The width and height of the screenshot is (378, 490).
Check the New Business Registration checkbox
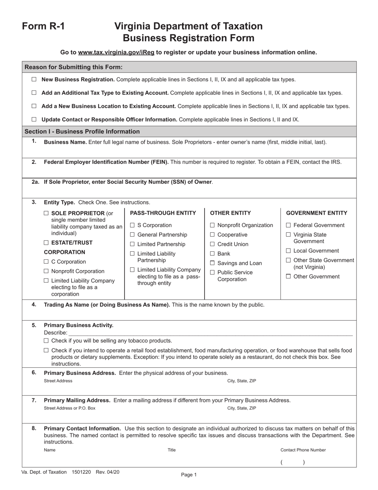34,79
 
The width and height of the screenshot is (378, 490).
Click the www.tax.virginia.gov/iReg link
116,52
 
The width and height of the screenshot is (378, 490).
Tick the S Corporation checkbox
132,225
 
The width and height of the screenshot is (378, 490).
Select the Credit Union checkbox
212,244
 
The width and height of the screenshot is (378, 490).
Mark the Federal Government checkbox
288,225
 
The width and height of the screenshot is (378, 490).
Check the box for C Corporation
46,262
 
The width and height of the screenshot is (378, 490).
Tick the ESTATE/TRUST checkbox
46,243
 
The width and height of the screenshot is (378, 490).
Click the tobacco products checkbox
46,341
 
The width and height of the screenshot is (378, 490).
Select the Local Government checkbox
288,251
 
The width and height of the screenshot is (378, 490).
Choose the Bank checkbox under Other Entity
212,254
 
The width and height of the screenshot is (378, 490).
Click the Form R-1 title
43,26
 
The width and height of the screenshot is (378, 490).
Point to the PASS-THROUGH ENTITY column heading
163,213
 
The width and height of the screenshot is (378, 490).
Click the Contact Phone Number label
303,450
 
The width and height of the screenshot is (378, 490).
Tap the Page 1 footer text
189,474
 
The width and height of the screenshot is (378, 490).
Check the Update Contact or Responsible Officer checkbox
34,119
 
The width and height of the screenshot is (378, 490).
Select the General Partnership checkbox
132,235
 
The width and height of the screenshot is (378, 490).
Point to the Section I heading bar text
82,131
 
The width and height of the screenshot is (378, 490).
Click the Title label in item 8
171,450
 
